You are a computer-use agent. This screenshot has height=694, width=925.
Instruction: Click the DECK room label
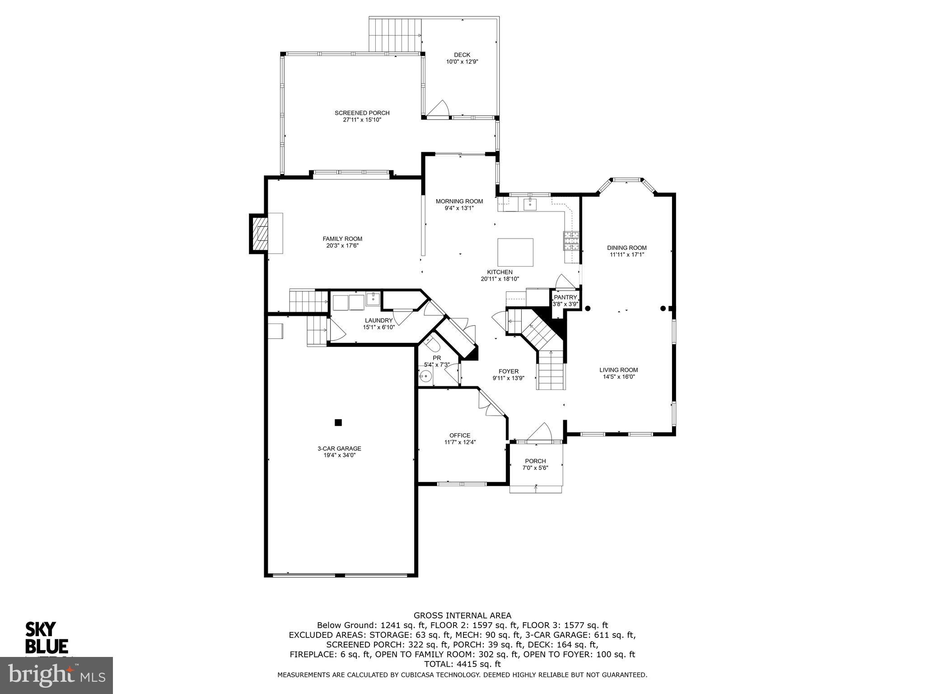point(462,55)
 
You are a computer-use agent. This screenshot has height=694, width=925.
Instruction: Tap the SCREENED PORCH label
point(362,113)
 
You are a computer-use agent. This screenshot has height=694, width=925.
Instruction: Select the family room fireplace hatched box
point(259,234)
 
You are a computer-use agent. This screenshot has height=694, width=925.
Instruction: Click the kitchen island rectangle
point(515,252)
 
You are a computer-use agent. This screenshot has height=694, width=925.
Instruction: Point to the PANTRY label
point(565,297)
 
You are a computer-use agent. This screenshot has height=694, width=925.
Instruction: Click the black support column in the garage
point(338,422)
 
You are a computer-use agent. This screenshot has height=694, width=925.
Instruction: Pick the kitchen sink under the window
point(529,204)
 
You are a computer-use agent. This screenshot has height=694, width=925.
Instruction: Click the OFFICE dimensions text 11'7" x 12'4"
point(460,442)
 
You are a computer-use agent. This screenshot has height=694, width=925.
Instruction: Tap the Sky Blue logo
point(46,638)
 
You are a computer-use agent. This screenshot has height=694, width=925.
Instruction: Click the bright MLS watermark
point(56,675)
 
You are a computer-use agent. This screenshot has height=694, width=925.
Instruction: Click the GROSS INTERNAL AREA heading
point(462,615)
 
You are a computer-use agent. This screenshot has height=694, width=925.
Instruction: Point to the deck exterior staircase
point(394,35)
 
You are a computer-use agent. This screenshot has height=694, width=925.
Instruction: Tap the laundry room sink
point(374,299)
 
